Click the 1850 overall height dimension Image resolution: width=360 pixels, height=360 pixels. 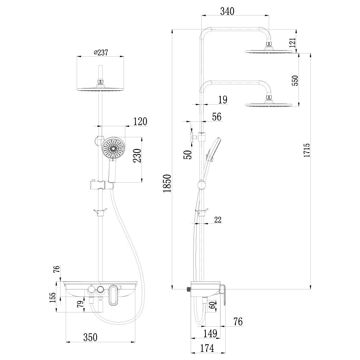click(167, 183)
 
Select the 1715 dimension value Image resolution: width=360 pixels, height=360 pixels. click(307, 150)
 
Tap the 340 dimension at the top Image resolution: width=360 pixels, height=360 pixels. click(227, 11)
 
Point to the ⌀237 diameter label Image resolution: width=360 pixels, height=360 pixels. click(101, 52)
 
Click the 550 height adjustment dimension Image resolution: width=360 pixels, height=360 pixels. click(295, 81)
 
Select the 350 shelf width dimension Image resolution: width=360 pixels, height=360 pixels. click(90, 337)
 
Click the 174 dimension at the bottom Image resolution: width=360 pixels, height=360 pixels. click(207, 348)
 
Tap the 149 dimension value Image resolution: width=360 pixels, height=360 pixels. click(210, 333)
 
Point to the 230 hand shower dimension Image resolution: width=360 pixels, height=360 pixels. click(137, 156)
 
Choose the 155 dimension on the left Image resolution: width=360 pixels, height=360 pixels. click(53, 298)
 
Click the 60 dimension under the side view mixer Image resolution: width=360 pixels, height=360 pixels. click(212, 305)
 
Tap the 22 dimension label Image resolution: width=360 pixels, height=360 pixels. click(218, 220)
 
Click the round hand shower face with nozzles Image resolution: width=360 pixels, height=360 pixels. click(113, 148)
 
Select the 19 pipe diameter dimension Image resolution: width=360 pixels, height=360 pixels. click(223, 100)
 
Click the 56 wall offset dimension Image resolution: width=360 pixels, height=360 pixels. click(217, 117)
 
